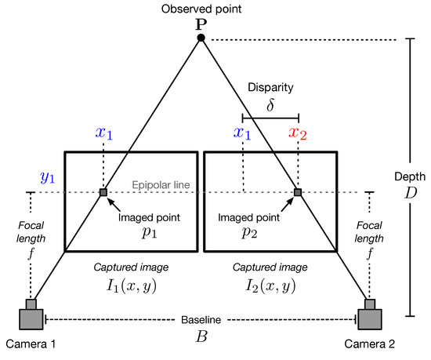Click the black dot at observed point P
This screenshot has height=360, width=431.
tap(201, 38)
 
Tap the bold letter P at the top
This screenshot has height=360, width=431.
tap(201, 24)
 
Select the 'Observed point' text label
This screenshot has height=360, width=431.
tap(201, 9)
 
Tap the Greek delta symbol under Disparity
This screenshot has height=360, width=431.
tap(270, 103)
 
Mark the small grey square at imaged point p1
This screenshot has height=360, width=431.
tap(103, 191)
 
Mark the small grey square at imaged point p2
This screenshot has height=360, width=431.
tap(297, 191)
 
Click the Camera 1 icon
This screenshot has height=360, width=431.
tap(31, 316)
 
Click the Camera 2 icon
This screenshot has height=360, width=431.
tap(369, 316)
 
